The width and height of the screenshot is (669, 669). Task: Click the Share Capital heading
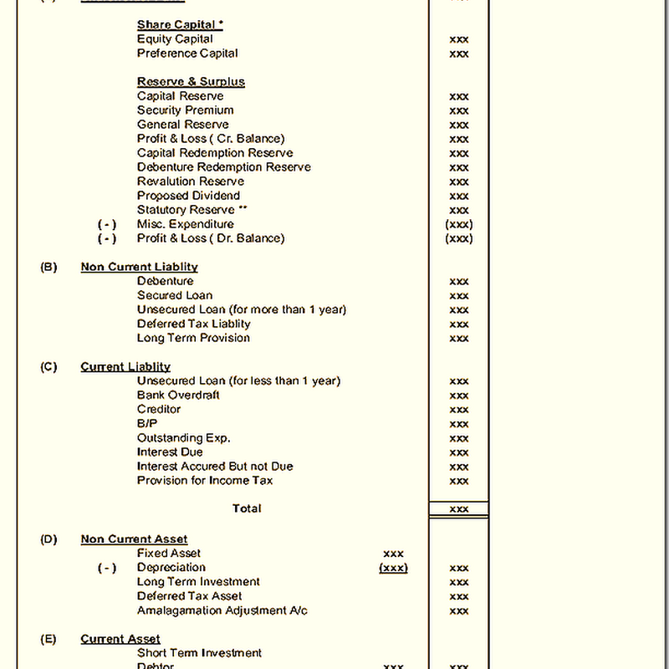pos(180,25)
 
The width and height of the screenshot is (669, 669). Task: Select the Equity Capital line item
pos(175,39)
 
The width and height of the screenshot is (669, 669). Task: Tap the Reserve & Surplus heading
pos(191,82)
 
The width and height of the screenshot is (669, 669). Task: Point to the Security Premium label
pos(185,110)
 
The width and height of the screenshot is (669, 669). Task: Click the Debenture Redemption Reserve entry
pos(223,167)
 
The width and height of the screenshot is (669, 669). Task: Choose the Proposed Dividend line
pos(188,196)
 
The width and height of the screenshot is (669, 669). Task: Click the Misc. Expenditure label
pos(185,224)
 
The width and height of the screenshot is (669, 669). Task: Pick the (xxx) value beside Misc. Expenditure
pos(459,224)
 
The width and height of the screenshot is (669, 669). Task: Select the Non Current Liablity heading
pos(139,267)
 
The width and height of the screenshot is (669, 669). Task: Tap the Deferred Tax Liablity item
pos(193,324)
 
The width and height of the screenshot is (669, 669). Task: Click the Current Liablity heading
pos(125,367)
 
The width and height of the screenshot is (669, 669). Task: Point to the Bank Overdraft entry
pos(178,396)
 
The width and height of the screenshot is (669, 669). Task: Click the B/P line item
pos(147,424)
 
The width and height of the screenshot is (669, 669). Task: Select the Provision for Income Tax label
pos(205,481)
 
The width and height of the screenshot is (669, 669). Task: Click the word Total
pos(247,508)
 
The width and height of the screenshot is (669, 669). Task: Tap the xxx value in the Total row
pos(459,508)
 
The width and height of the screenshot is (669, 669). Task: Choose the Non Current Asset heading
pos(134,539)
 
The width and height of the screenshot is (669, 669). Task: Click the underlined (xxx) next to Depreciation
pos(393,568)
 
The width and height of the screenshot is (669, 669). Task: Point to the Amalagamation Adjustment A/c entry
pos(222,610)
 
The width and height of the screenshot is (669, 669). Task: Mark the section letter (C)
pos(49,367)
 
